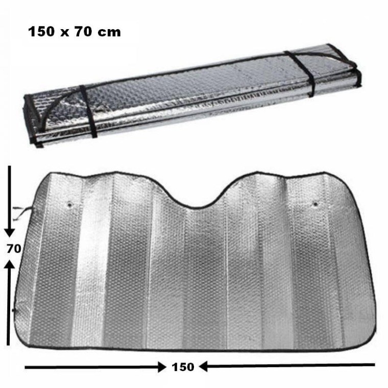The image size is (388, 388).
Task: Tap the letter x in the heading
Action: (x=65, y=33)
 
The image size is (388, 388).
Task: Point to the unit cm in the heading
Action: (x=109, y=33)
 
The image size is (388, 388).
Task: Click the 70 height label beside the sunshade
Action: (x=14, y=249)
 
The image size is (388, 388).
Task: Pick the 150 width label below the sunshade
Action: (x=183, y=367)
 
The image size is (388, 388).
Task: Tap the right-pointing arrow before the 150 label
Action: (x=95, y=367)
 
